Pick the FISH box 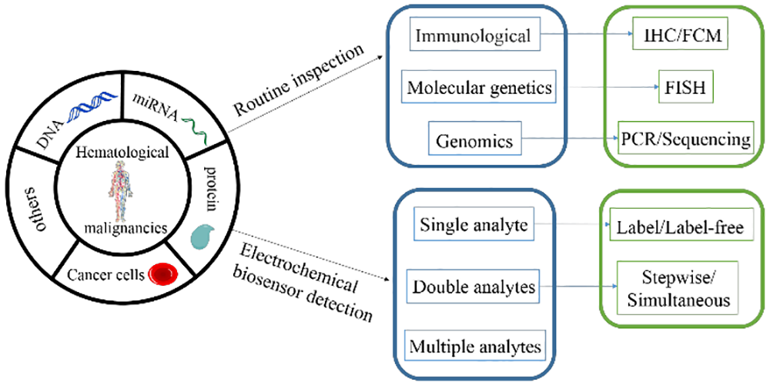[x=685, y=88]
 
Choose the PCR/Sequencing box [x=685, y=139]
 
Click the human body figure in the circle [x=122, y=192]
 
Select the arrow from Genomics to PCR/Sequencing [x=571, y=141]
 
